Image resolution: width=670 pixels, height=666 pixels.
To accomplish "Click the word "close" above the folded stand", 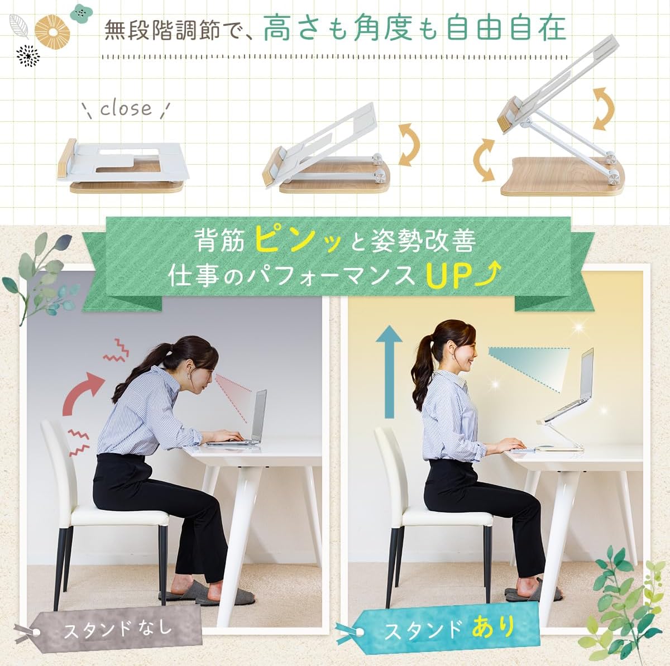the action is click(126, 108).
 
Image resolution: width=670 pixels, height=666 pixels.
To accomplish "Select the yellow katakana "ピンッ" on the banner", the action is click(296, 239).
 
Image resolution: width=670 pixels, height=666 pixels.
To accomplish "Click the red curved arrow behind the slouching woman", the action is click(83, 392).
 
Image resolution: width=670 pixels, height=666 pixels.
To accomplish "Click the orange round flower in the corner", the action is click(52, 33).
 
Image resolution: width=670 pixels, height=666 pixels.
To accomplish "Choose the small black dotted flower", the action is click(28, 56).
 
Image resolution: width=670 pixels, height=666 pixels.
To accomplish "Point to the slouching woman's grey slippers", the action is click(208, 594).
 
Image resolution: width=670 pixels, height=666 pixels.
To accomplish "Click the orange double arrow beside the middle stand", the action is click(409, 144).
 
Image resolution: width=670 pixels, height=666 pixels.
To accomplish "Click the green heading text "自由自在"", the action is click(506, 29).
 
